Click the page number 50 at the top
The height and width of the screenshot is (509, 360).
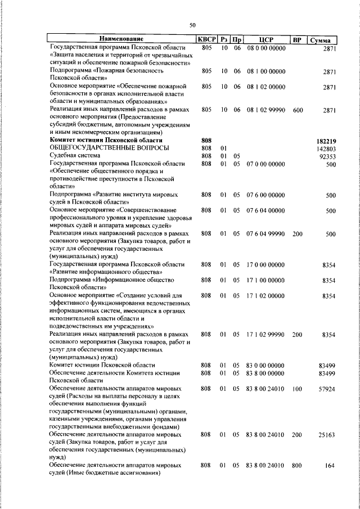pos(192,25)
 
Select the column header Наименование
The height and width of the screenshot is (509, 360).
pos(121,39)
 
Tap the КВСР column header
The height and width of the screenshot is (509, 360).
pos(206,39)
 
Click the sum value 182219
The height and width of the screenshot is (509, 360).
pos(326,139)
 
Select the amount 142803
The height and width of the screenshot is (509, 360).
pos(326,147)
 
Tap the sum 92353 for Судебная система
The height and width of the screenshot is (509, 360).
pos(327,155)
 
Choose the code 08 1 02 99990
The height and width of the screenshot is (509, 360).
pos(266,111)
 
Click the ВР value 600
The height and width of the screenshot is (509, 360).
pos(298,111)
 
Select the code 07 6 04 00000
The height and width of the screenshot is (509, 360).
pos(266,210)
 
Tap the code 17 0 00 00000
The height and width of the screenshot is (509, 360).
pos(266,264)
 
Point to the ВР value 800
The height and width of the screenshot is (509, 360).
pos(298,466)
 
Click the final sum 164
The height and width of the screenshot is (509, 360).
pos(330,466)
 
